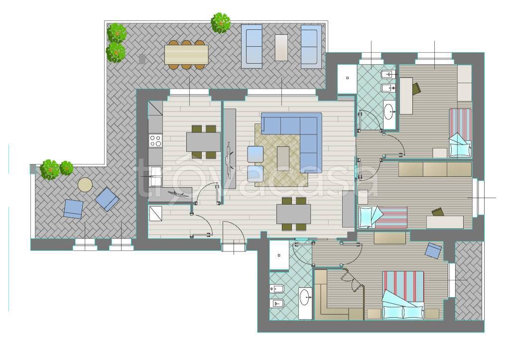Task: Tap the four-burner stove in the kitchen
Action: click(155, 140)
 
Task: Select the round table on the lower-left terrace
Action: click(85, 185)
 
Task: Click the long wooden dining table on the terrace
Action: click(186, 54)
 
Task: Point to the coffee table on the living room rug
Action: click(283, 158)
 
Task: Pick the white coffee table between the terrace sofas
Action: click(281, 47)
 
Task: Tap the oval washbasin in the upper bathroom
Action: click(388, 112)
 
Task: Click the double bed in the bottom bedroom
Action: click(403, 295)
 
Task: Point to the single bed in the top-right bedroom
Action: click(460, 132)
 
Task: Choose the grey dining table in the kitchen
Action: click(203, 142)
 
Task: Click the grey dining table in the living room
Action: click(294, 214)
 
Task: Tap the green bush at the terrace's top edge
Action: click(221, 23)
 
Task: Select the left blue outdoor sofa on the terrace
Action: click(252, 46)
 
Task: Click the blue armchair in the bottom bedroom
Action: click(433, 250)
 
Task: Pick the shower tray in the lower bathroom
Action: click(279, 255)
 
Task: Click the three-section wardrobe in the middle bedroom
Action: click(435, 169)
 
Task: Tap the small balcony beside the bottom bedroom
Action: click(469, 280)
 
